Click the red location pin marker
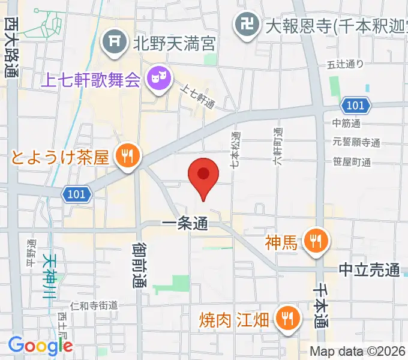click(203, 175)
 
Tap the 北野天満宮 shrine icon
click(113, 41)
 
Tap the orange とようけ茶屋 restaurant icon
click(127, 157)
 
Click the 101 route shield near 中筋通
click(355, 106)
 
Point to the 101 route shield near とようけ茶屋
click(77, 194)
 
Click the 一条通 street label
click(185, 224)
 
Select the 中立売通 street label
click(368, 271)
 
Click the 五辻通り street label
click(344, 65)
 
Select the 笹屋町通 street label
click(352, 162)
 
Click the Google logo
click(40, 346)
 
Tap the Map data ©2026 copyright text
click(358, 352)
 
